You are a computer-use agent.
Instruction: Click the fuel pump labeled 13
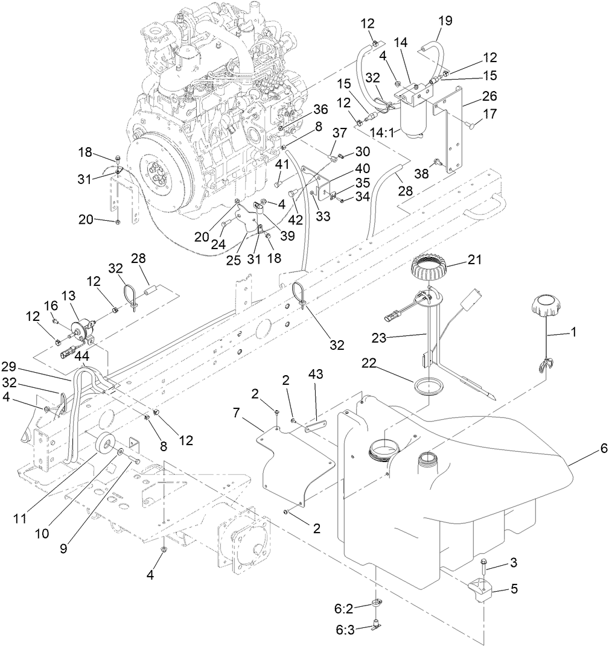click(80, 331)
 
